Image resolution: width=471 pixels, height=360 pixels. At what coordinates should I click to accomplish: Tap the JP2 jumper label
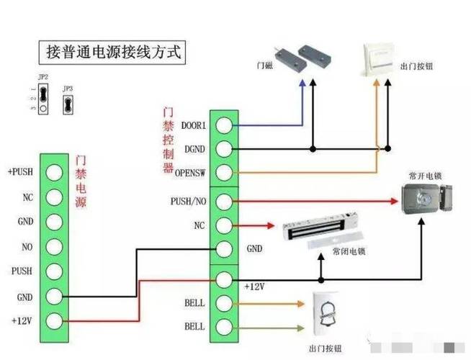pos(42,76)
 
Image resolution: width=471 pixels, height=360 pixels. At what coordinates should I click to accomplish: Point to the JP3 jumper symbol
pos(68,104)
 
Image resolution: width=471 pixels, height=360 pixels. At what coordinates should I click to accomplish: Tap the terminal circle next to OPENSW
pos(224,173)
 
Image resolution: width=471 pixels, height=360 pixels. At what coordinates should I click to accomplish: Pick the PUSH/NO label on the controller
pos(189,200)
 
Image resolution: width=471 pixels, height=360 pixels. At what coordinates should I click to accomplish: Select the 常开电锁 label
pos(424,175)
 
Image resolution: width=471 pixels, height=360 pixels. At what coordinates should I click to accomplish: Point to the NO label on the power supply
pos(27,246)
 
